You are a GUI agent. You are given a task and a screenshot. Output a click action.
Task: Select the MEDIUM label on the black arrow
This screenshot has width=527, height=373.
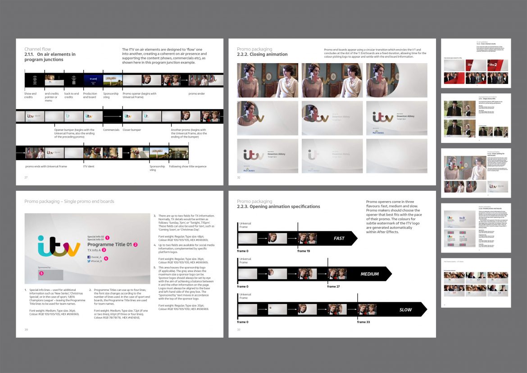(369, 274)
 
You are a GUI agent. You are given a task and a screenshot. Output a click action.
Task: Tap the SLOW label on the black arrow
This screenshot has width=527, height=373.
(405, 310)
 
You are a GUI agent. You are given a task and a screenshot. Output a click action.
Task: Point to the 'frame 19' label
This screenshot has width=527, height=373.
(304, 251)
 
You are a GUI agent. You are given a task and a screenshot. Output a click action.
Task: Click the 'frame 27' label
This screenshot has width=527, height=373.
(334, 286)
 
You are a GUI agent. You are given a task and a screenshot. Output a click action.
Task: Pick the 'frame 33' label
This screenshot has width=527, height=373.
(364, 322)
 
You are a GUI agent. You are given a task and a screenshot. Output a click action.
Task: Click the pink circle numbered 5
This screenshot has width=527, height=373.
(41, 273)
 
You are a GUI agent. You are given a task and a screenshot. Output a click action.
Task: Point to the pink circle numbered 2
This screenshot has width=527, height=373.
(135, 244)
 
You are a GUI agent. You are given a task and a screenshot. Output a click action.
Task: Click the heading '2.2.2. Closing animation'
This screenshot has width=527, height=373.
(262, 55)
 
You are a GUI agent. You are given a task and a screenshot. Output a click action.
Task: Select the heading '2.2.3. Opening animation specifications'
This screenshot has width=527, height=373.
(278, 207)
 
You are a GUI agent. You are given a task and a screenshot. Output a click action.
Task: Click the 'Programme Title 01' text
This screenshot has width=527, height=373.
(109, 244)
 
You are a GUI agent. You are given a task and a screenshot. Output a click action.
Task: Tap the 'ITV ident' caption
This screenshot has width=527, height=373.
(89, 166)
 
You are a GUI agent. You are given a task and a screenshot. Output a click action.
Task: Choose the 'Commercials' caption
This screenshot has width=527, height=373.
(111, 130)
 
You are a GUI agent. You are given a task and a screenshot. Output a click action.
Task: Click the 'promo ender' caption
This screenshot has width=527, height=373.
(197, 94)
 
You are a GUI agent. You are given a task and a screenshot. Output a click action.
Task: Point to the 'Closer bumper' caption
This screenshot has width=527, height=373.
(132, 130)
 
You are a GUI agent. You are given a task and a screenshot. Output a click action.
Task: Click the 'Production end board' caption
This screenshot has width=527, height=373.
(90, 95)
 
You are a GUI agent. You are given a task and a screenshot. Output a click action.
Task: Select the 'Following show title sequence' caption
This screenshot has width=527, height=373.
(187, 166)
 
